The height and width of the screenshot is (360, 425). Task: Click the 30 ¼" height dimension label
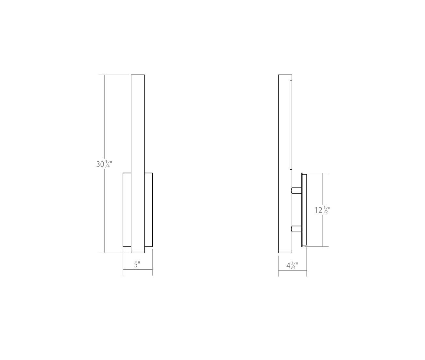pyautogui.click(x=104, y=164)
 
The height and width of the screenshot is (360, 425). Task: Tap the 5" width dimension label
pyautogui.click(x=137, y=265)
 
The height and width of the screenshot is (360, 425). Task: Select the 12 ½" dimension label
pyautogui.click(x=322, y=210)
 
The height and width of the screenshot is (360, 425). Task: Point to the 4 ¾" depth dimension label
pyautogui.click(x=292, y=265)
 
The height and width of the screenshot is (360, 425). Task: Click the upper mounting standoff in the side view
pyautogui.click(x=297, y=190)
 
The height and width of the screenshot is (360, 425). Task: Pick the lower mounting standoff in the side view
pyautogui.click(x=297, y=229)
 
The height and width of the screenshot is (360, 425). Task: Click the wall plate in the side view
pyautogui.click(x=304, y=210)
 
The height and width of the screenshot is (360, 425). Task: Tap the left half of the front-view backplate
pyautogui.click(x=127, y=210)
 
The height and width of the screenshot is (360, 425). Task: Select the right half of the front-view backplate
pyautogui.click(x=148, y=210)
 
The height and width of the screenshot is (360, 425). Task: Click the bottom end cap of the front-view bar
pyautogui.click(x=138, y=252)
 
